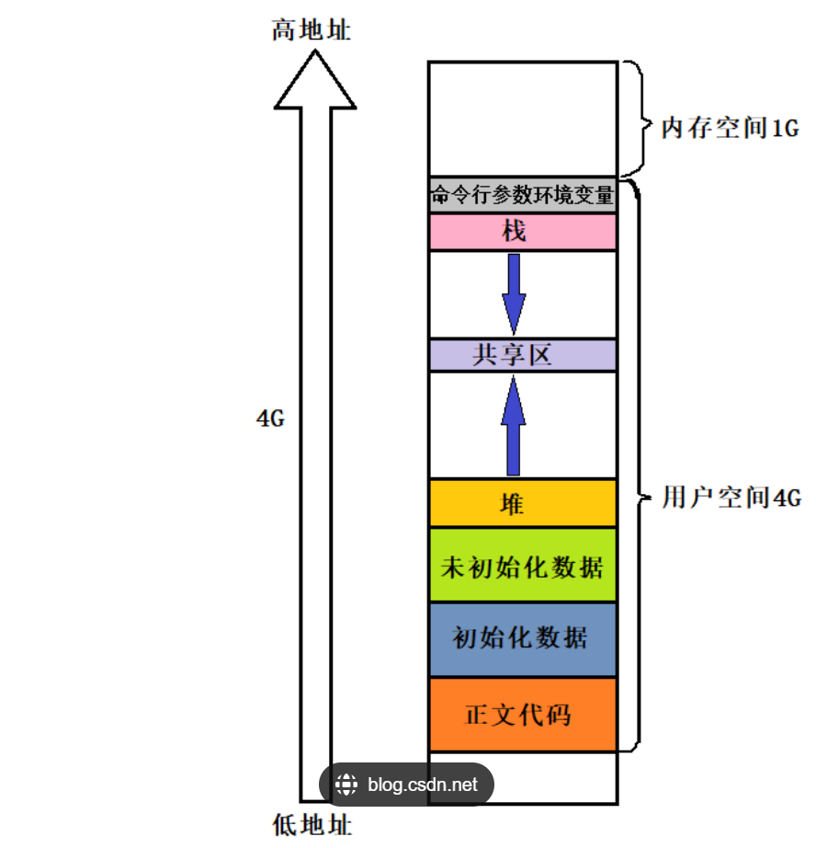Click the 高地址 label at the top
click(x=312, y=31)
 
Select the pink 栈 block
click(x=522, y=232)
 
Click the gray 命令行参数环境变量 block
click(x=522, y=196)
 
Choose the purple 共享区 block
click(x=522, y=355)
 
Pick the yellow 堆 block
click(x=522, y=503)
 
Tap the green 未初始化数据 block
click(x=522, y=566)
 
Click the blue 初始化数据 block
click(x=522, y=638)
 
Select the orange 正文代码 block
click(x=522, y=715)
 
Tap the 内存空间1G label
click(x=731, y=128)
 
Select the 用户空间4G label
click(x=731, y=498)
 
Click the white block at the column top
click(x=522, y=119)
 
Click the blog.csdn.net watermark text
click(x=423, y=785)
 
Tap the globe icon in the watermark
click(x=346, y=785)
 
